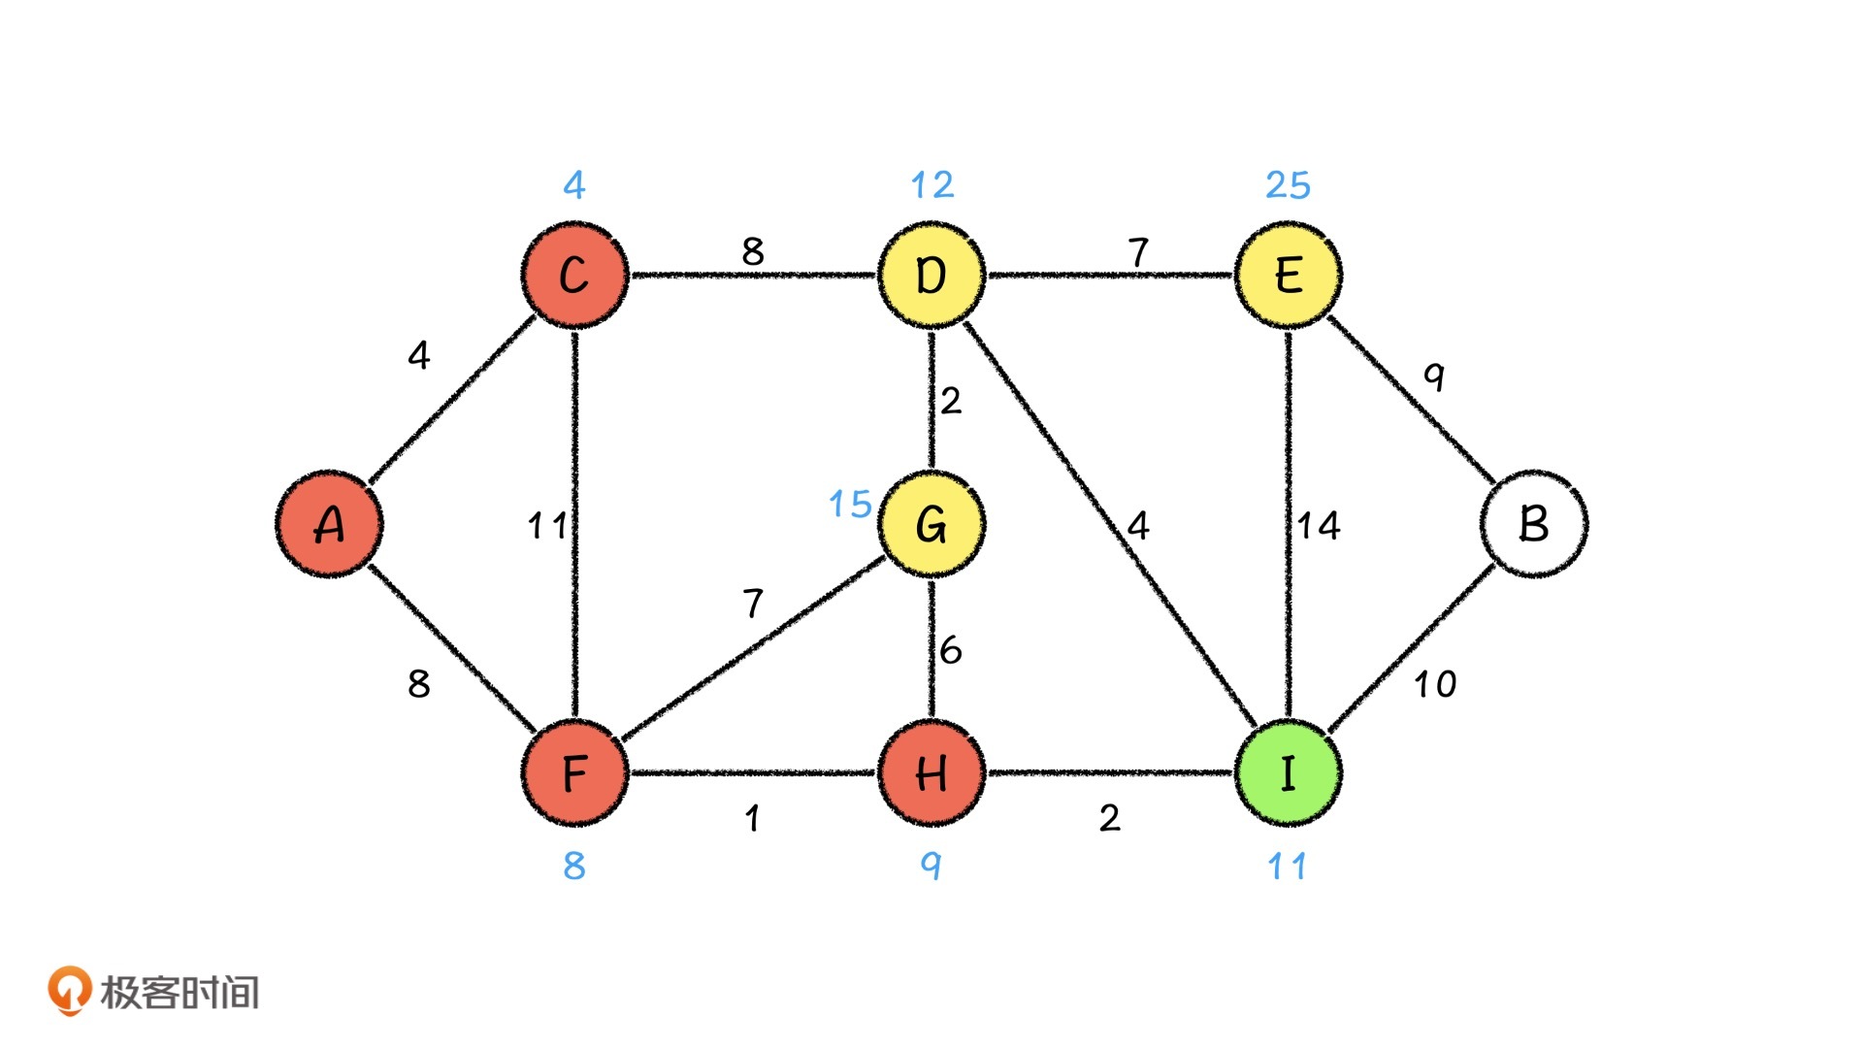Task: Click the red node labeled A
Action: [x=329, y=524]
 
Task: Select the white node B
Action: [x=1533, y=524]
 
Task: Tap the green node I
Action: [x=1288, y=773]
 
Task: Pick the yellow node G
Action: [x=931, y=524]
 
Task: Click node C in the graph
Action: [x=574, y=275]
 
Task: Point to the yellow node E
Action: [x=1288, y=275]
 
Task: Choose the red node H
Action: [x=931, y=773]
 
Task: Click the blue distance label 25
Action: [x=1288, y=184]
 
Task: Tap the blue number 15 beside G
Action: [x=850, y=504]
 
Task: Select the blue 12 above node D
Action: [x=931, y=184]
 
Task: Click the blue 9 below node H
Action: [x=931, y=865]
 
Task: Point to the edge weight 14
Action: [x=1319, y=526]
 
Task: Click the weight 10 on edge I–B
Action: [x=1434, y=684]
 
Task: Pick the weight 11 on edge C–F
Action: [x=546, y=526]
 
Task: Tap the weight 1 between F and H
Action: [x=752, y=818]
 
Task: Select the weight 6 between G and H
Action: [x=951, y=649]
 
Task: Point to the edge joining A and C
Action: [x=452, y=399]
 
